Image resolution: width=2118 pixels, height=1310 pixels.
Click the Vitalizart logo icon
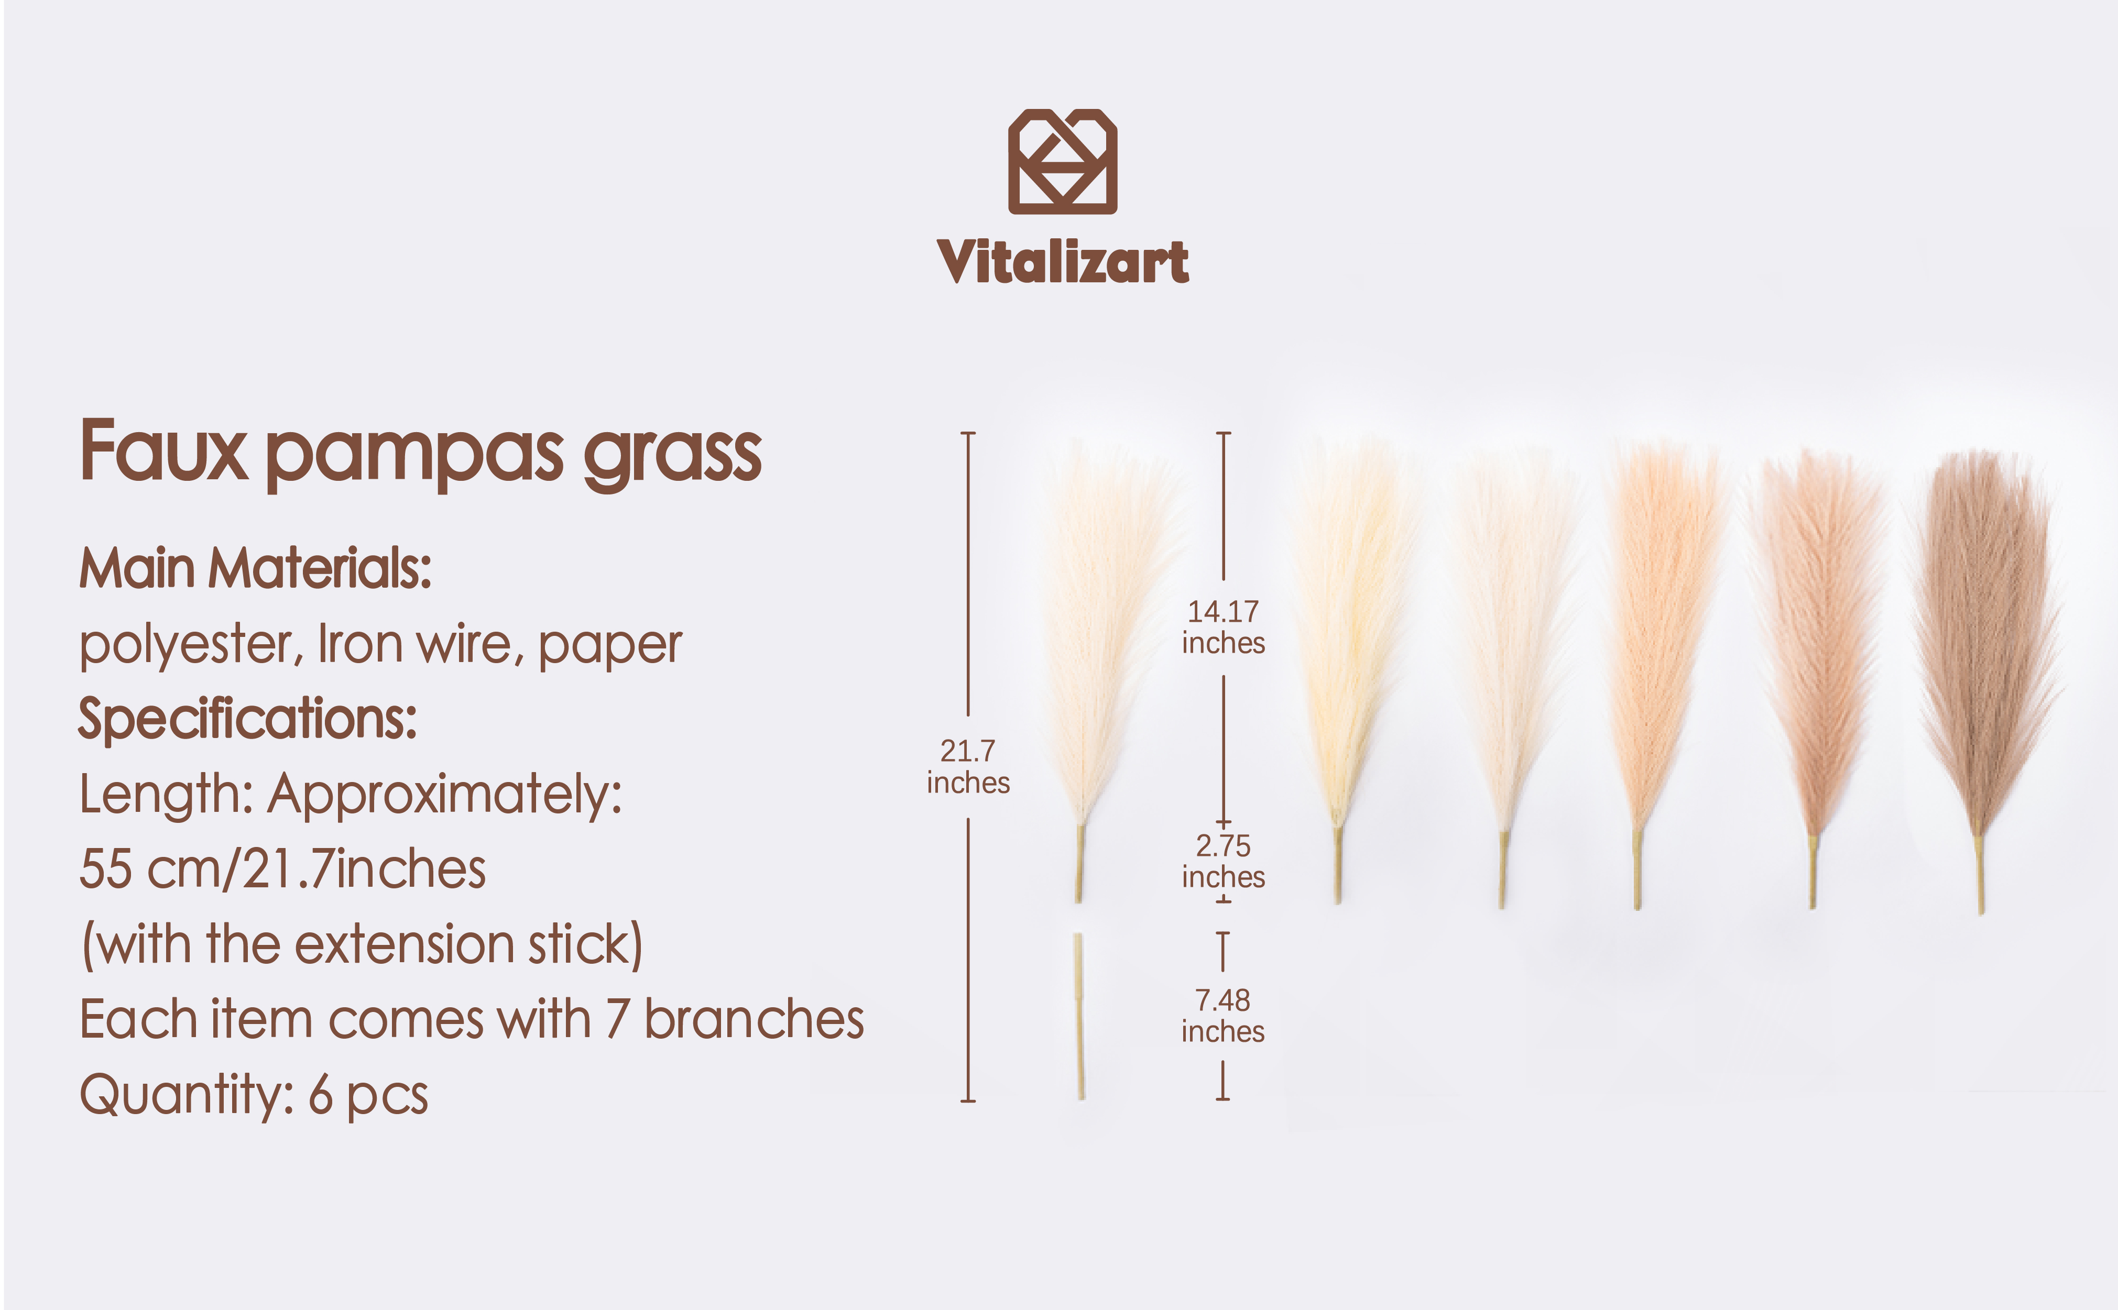tap(1063, 161)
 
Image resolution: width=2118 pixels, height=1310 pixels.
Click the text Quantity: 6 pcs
tap(254, 1095)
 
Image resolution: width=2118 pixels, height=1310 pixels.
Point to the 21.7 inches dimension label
tap(968, 767)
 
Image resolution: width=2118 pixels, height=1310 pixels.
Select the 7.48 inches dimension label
tap(1223, 1016)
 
